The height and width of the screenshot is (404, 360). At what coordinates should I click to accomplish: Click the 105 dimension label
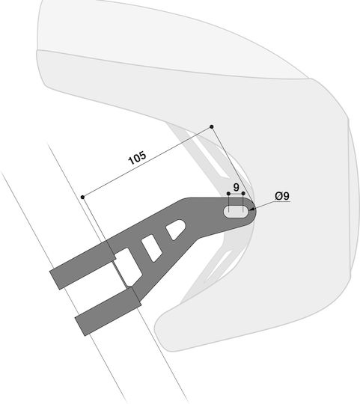pyautogui.click(x=138, y=157)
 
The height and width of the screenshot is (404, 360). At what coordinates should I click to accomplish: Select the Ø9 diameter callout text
pyautogui.click(x=282, y=196)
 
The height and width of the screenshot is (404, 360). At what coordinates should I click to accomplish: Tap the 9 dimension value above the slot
pyautogui.click(x=236, y=187)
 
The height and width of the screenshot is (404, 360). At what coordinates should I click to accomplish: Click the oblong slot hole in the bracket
pyautogui.click(x=236, y=212)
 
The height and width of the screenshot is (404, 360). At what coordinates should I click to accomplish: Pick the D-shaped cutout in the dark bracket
pyautogui.click(x=176, y=229)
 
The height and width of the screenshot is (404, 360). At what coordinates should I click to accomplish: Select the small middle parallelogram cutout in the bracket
pyautogui.click(x=152, y=248)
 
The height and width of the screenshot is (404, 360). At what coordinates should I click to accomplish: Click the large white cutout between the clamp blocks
pyautogui.click(x=128, y=267)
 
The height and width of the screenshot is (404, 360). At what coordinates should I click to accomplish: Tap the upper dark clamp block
pyautogui.click(x=82, y=266)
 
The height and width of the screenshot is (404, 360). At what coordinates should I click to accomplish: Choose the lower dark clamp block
pyautogui.click(x=109, y=312)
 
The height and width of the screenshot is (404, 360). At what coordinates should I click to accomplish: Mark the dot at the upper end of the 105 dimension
pyautogui.click(x=212, y=126)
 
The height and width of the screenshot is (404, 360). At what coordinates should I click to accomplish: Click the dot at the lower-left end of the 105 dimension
pyautogui.click(x=82, y=197)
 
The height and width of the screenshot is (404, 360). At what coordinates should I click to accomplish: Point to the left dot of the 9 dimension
pyautogui.click(x=228, y=194)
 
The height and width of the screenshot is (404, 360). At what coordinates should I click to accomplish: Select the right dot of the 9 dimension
pyautogui.click(x=243, y=193)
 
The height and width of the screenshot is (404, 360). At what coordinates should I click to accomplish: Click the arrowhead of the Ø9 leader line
pyautogui.click(x=251, y=210)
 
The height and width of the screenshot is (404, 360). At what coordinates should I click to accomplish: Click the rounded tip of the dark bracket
pyautogui.click(x=254, y=211)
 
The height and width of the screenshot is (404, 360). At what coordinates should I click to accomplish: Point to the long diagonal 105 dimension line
pyautogui.click(x=147, y=162)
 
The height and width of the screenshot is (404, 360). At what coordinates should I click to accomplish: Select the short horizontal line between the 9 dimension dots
pyautogui.click(x=236, y=194)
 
